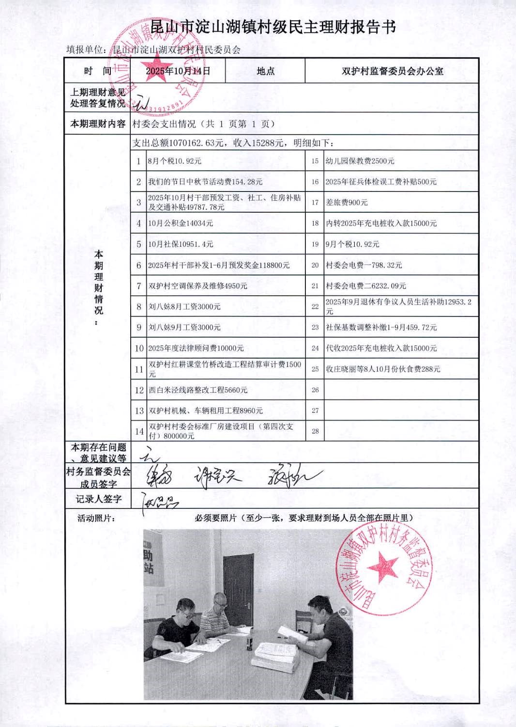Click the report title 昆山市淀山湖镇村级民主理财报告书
tap(273, 27)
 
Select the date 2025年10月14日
tap(178, 71)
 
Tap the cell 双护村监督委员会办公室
tap(392, 71)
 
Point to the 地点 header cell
tap(265, 71)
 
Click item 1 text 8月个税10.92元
tap(174, 161)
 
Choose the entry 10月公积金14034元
tap(181, 223)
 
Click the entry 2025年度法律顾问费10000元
tap(196, 348)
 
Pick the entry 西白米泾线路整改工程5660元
tap(197, 390)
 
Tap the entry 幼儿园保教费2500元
tap(360, 161)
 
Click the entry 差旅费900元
tap(347, 203)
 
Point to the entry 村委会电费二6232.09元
tap(365, 286)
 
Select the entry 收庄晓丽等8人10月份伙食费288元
tap(382, 369)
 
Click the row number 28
tap(315, 431)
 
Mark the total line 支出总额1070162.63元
tap(178, 143)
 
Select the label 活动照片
tap(96, 518)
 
